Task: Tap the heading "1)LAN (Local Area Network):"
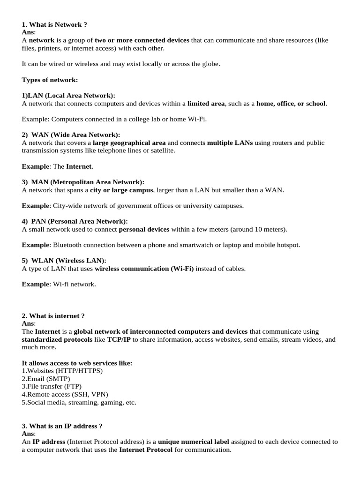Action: click(68, 96)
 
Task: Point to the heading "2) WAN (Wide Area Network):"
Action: click(71, 135)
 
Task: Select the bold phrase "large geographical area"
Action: click(129, 143)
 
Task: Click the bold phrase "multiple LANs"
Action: click(230, 143)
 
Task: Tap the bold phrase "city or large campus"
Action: click(121, 190)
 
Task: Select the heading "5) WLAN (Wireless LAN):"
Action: click(64, 261)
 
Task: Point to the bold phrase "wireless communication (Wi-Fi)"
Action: click(144, 269)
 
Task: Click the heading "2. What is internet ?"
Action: click(53, 316)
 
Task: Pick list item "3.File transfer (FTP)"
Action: click(52, 387)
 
